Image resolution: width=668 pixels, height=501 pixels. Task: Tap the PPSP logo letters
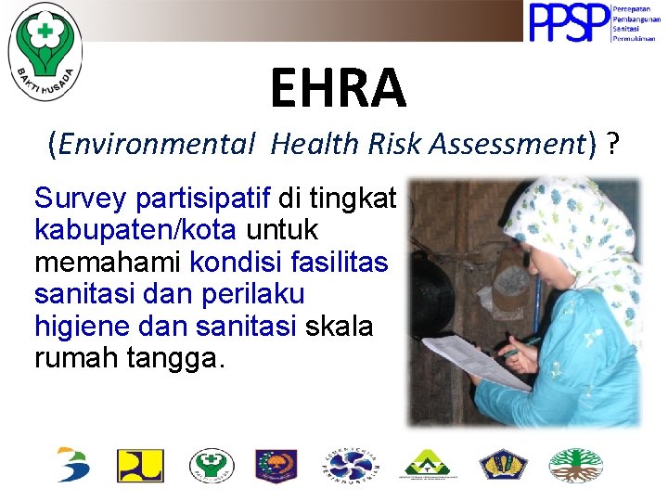569,23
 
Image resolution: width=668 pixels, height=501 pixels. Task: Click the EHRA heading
338,88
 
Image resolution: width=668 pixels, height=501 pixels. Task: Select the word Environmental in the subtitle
157,144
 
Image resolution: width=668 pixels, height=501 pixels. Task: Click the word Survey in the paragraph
81,199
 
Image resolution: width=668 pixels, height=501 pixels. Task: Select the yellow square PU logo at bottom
140,465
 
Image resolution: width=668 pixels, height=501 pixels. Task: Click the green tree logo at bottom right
575,465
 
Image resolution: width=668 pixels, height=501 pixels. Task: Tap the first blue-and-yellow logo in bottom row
73,465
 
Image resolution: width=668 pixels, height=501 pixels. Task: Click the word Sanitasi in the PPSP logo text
628,28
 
